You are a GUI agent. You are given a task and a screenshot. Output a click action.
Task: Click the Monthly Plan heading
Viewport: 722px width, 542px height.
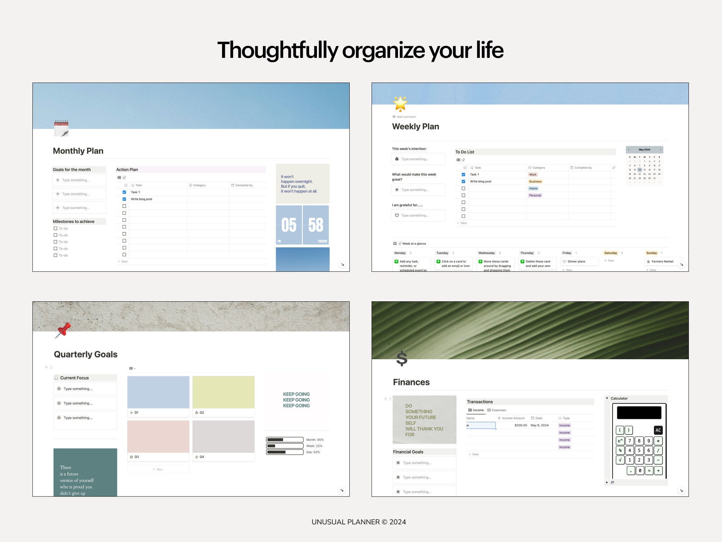78,151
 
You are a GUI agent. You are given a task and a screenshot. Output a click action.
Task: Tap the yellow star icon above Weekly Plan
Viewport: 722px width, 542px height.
400,103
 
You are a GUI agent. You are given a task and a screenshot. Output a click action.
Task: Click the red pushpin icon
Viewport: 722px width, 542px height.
63,330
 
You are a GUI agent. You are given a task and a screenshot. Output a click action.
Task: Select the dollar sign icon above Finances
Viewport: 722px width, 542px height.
402,359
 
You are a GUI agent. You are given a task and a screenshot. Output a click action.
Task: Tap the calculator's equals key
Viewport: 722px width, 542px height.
649,470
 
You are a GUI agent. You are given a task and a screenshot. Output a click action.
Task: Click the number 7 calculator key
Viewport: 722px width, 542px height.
630,441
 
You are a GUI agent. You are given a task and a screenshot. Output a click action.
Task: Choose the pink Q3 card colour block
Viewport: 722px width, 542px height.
158,436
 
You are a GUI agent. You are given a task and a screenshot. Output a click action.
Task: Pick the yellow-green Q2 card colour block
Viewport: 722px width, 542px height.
224,392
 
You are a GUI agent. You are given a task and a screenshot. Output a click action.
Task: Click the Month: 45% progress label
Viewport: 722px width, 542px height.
315,440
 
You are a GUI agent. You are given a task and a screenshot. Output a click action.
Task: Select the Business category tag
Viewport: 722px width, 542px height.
535,181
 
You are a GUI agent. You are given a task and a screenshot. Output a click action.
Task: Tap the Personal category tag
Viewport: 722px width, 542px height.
535,195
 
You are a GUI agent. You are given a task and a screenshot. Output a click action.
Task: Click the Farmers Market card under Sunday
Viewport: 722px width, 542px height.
662,261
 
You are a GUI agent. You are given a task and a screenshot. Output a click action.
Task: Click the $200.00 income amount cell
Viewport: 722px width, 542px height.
521,425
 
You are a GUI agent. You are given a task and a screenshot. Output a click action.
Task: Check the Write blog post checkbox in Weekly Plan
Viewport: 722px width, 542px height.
463,181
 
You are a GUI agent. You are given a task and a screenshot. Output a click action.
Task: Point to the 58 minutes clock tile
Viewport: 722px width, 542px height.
316,225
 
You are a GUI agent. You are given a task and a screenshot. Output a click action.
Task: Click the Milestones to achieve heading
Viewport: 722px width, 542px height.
74,222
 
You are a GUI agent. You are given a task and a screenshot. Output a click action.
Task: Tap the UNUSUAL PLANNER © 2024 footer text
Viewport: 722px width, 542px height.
359,522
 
